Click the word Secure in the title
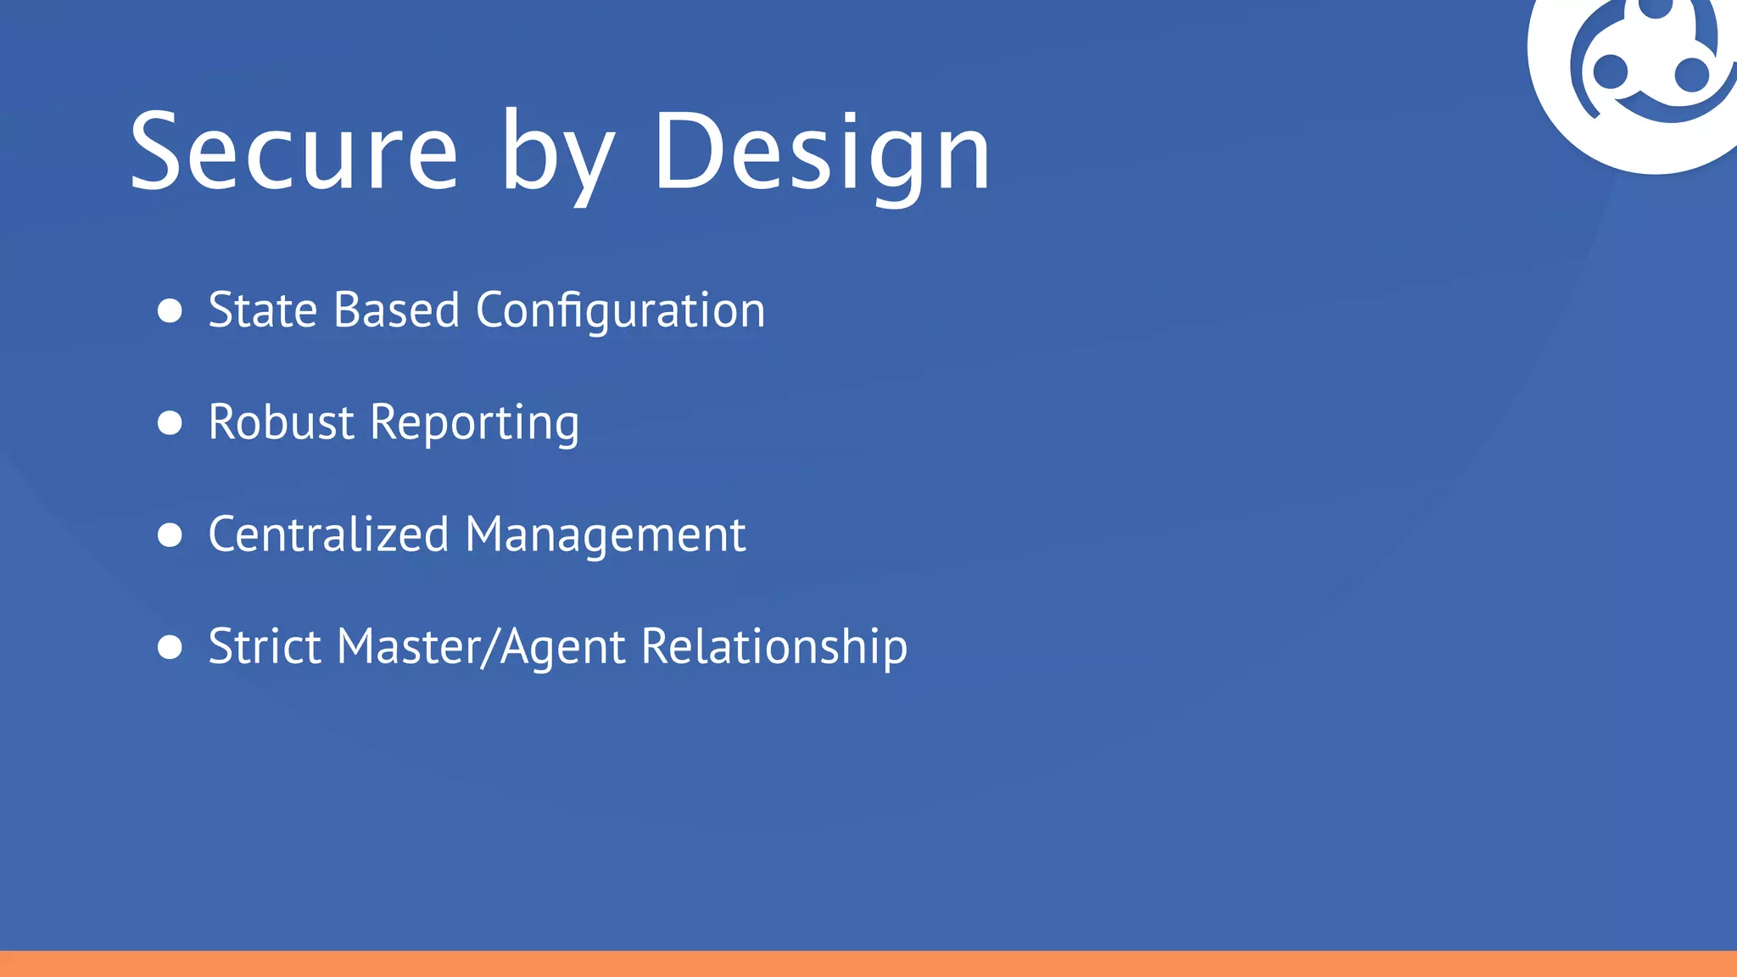click(x=293, y=153)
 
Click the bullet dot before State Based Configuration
click(x=170, y=310)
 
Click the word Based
click(x=396, y=310)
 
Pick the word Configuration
click(x=620, y=311)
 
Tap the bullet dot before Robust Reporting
click(x=170, y=422)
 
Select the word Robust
click(x=281, y=422)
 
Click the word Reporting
click(x=475, y=423)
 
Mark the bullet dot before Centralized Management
click(x=170, y=534)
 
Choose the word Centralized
click(x=328, y=534)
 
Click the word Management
click(x=606, y=536)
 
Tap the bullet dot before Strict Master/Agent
click(x=170, y=647)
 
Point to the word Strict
click(x=265, y=646)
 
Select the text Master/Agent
click(x=481, y=647)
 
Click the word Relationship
click(x=774, y=647)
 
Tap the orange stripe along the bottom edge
click(x=868, y=964)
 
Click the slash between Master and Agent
click(x=489, y=648)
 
